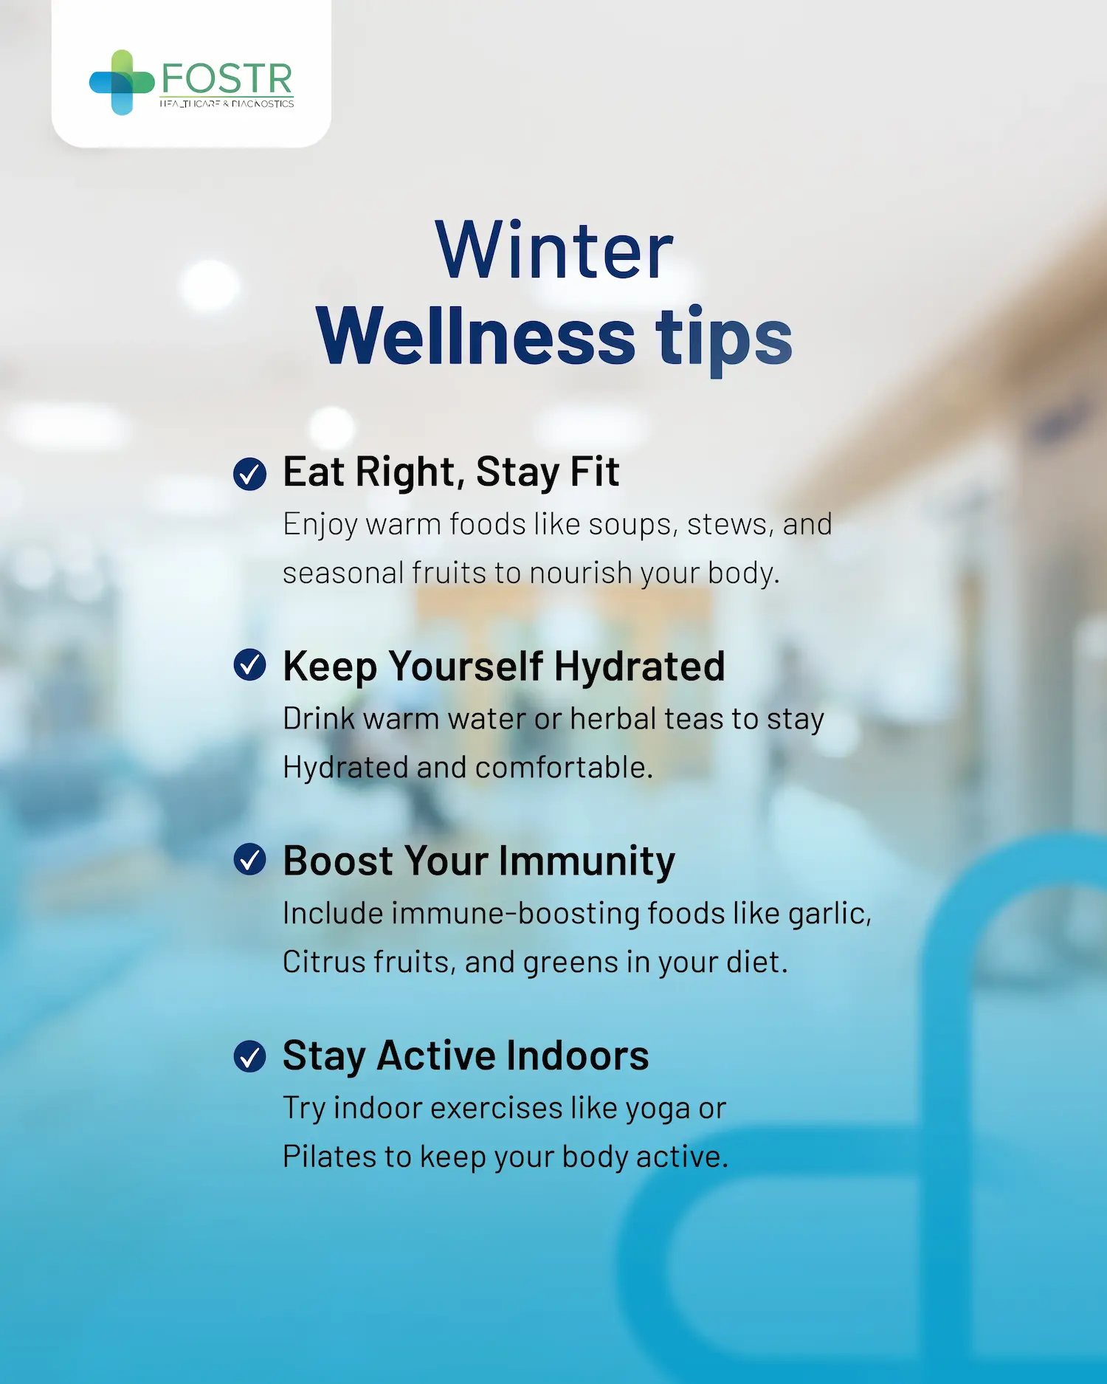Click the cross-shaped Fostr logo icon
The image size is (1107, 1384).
(121, 83)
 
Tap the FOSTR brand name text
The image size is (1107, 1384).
(227, 79)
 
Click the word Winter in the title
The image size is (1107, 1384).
(553, 251)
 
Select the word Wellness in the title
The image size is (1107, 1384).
(475, 336)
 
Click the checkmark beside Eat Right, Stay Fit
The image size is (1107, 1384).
(249, 474)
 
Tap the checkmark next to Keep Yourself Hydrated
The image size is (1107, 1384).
(249, 665)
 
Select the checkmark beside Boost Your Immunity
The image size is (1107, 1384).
(249, 860)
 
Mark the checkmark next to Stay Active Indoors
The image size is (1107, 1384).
(249, 1056)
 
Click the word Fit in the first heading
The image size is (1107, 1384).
(595, 472)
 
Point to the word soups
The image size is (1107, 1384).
(633, 525)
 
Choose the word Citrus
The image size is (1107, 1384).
(325, 963)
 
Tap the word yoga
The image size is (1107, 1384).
(658, 1109)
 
